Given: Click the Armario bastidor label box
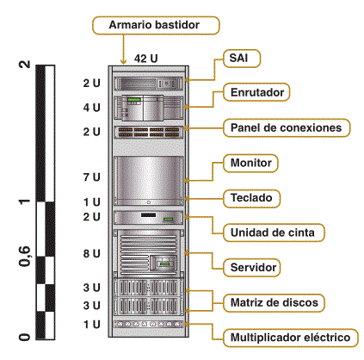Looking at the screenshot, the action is (156, 25).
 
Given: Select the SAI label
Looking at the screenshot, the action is (242, 59).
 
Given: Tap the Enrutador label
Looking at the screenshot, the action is (256, 92).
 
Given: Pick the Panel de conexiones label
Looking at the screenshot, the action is (287, 127).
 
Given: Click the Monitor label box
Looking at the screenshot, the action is (250, 163).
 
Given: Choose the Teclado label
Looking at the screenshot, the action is (251, 198).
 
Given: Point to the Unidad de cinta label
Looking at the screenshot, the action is (274, 233).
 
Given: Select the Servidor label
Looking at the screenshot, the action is (251, 268).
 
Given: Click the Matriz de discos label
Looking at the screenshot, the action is (274, 303).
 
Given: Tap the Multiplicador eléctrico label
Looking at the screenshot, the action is (291, 338).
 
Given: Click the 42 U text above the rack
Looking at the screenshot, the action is (145, 59).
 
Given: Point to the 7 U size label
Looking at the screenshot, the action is (92, 177).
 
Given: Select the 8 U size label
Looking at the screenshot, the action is (92, 253).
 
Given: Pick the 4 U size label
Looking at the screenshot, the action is (92, 108).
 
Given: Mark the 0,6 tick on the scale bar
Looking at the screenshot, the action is (24, 256).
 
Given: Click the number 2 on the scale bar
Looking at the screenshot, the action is (24, 65).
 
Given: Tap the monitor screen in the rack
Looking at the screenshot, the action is (149, 177).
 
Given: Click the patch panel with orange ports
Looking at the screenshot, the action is (149, 132).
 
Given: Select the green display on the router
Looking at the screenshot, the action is (134, 100).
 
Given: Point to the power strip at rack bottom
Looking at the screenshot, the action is (149, 325).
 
